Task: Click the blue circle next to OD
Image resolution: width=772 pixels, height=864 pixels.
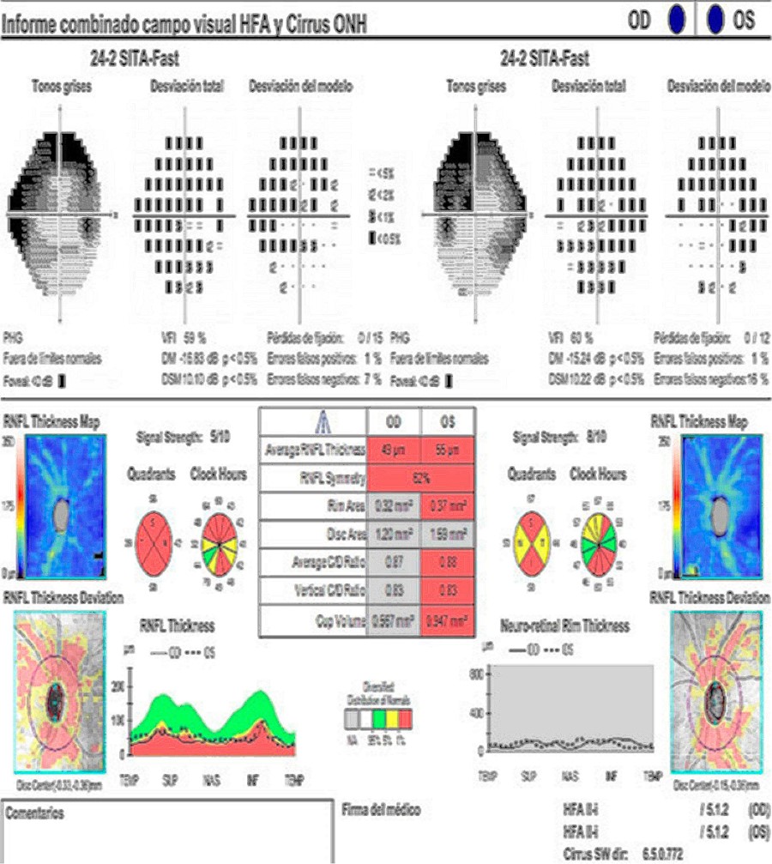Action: coord(677,18)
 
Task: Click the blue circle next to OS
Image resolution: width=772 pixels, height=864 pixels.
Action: coord(715,18)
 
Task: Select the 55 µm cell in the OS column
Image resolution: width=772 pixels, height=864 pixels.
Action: coord(446,450)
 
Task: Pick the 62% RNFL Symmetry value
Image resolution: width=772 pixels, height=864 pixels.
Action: coord(419,476)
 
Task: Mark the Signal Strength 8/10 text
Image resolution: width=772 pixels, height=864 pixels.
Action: coord(558,434)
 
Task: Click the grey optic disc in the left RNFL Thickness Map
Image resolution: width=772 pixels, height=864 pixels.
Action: coord(60,515)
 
